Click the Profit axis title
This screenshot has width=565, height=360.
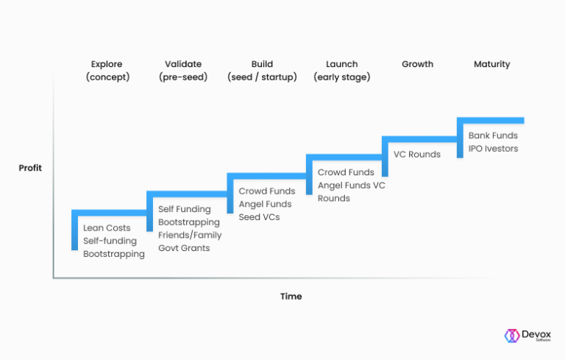(x=30, y=168)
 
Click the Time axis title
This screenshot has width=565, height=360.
(x=291, y=297)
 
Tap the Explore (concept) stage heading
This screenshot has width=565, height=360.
(x=107, y=71)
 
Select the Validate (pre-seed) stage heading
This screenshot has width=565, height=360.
(x=183, y=71)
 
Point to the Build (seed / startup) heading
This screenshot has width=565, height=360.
(x=262, y=71)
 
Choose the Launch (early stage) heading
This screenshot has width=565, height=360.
(x=341, y=71)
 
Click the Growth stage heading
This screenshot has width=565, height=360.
(x=417, y=64)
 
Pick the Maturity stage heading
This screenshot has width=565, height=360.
(x=491, y=64)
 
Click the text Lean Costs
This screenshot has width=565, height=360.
(x=107, y=228)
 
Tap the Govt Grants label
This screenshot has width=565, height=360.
(x=184, y=248)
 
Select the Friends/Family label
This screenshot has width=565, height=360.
(x=190, y=236)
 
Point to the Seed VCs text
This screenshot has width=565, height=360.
(x=259, y=217)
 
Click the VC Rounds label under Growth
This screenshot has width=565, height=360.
(x=417, y=155)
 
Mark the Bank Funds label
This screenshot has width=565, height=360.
(x=493, y=135)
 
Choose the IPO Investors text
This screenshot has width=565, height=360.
(x=493, y=149)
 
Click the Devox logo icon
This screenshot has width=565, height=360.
(x=512, y=336)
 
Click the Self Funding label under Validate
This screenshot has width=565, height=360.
(x=184, y=210)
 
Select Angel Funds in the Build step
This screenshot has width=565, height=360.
(x=265, y=204)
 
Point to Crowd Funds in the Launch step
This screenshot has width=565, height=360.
(x=346, y=172)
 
